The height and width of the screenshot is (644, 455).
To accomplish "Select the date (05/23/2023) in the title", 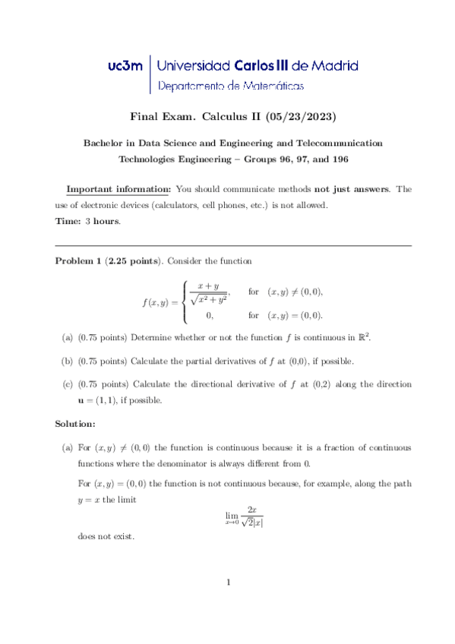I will coord(299,117).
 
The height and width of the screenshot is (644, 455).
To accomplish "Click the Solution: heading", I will coord(76,422).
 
